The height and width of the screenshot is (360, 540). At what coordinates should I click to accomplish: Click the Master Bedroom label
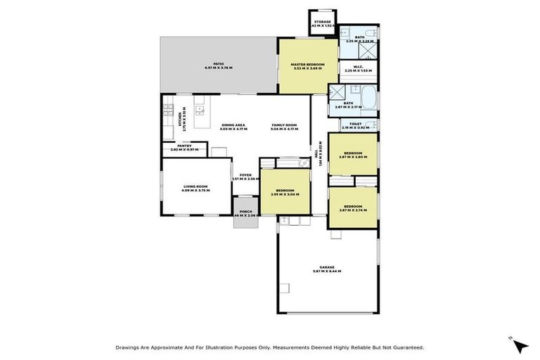[308, 65]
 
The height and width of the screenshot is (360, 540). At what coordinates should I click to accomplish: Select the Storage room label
[323, 22]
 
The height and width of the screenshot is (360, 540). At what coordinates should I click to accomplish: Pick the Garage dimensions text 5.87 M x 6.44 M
[326, 271]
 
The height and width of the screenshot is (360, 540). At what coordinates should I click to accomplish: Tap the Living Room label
[195, 186]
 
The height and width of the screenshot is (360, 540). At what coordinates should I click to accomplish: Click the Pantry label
[184, 146]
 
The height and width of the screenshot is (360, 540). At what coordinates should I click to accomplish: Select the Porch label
[245, 211]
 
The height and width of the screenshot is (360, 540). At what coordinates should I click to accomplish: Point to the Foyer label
[245, 174]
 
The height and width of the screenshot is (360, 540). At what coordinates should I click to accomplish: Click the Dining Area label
[233, 125]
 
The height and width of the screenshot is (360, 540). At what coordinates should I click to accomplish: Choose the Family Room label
[285, 125]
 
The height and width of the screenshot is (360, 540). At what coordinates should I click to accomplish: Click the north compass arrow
[520, 345]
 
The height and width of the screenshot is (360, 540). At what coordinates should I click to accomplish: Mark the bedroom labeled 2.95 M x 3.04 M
[285, 191]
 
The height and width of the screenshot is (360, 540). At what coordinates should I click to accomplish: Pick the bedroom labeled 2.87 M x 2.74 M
[353, 207]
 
